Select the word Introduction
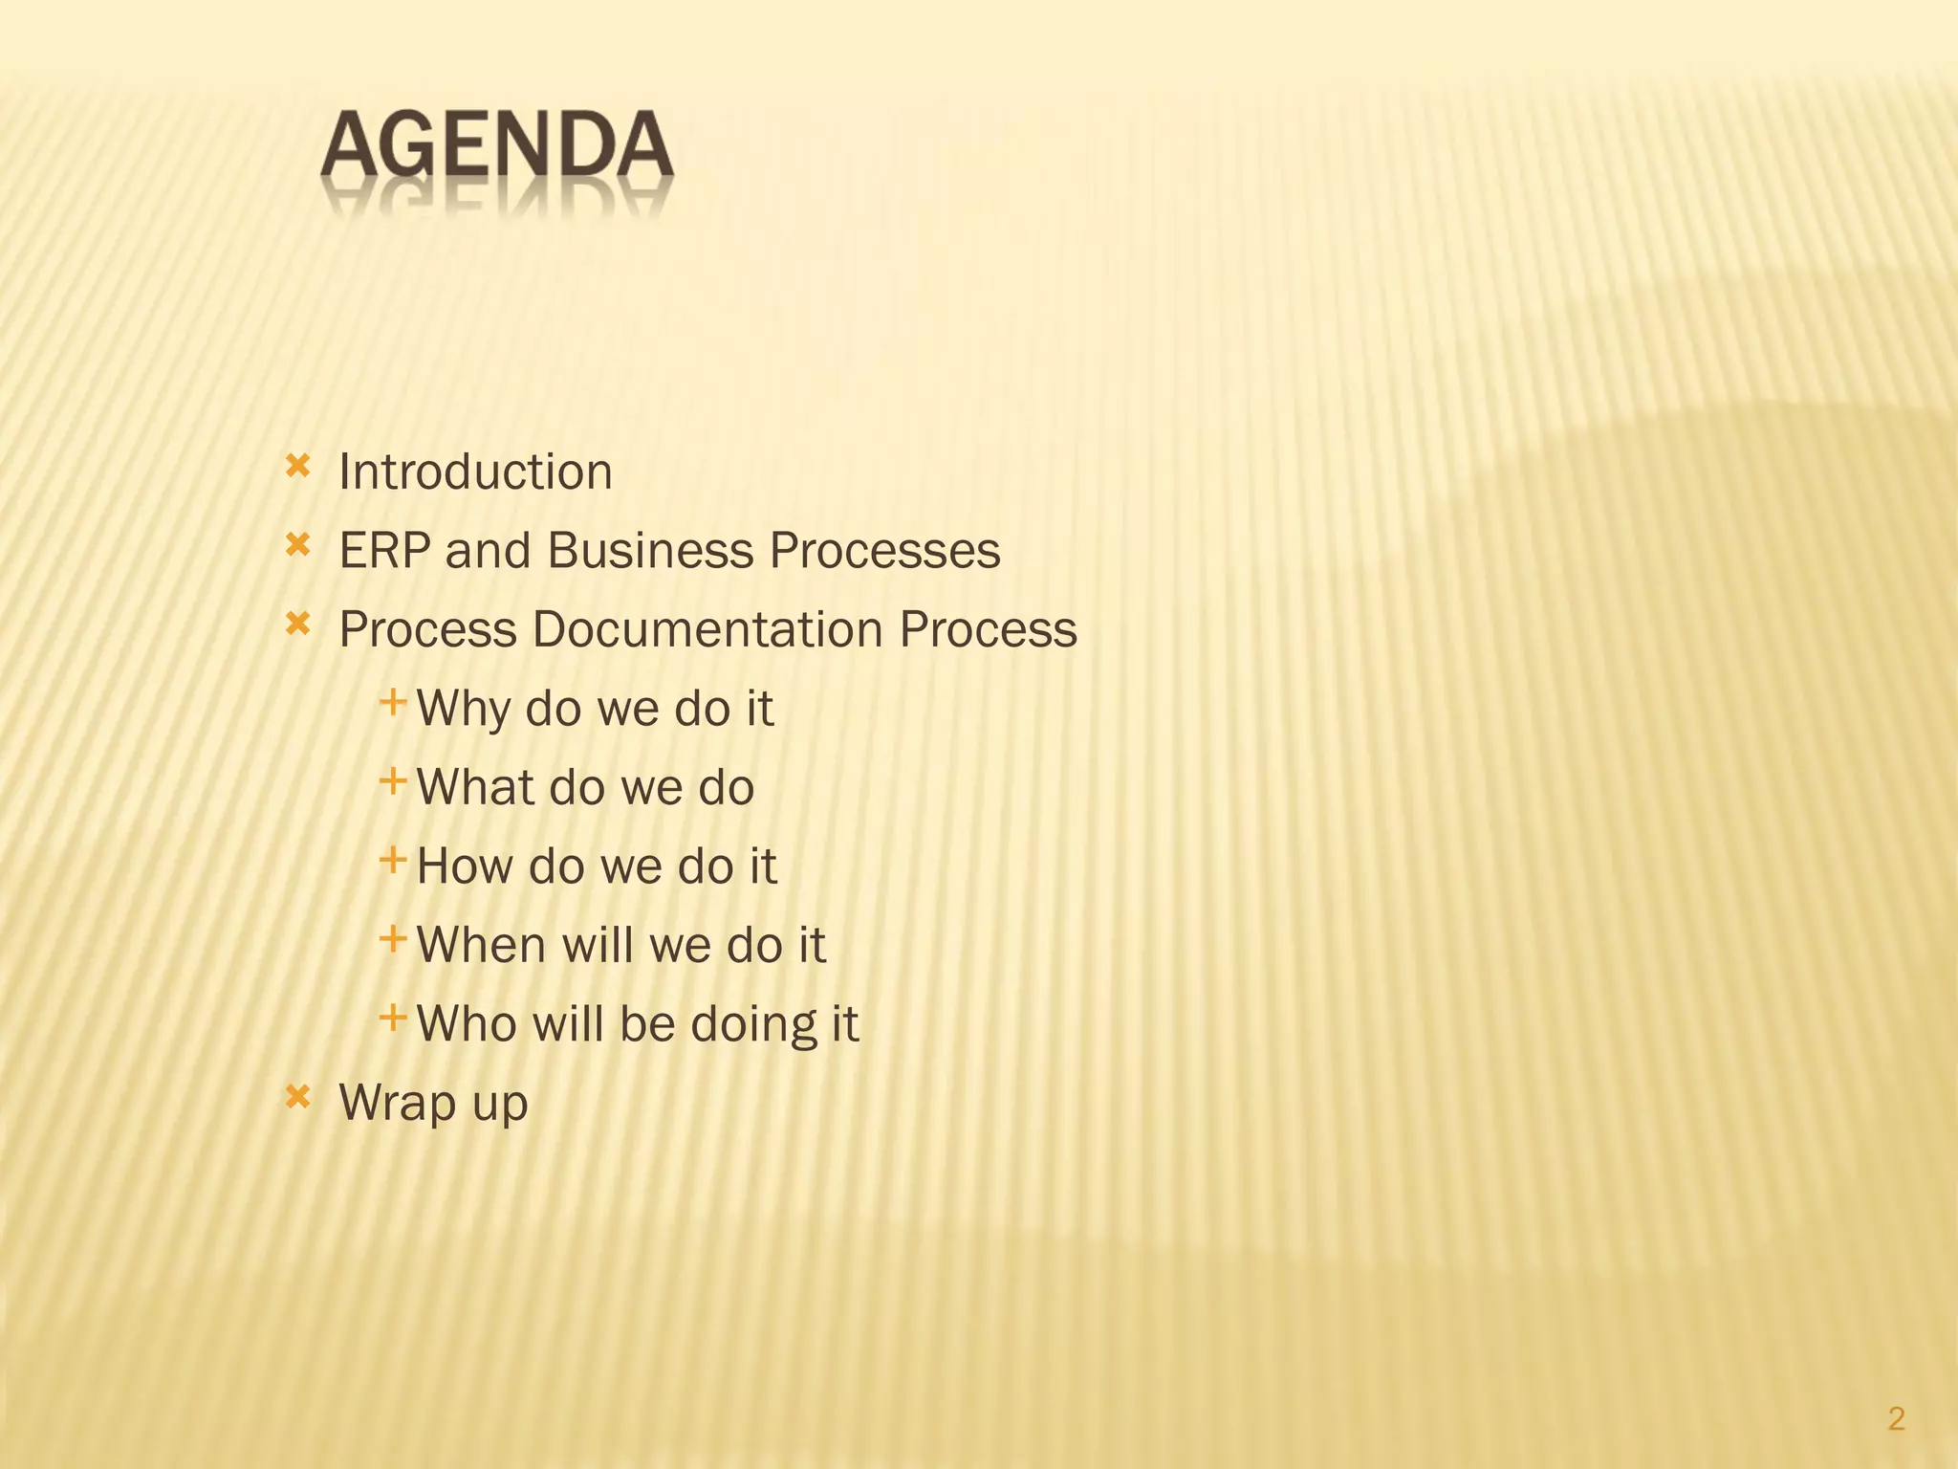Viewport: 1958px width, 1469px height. tap(475, 472)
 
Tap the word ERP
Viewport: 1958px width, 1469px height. tap(383, 551)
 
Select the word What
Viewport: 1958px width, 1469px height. tap(474, 788)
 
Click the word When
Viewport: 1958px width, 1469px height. tap(480, 945)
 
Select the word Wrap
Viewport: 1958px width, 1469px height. tap(397, 1103)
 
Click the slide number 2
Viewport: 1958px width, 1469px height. tap(1897, 1418)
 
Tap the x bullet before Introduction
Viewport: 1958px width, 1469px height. tap(298, 467)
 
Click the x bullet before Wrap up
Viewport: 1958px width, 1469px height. tap(298, 1097)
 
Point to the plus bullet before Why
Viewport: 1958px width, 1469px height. tap(393, 704)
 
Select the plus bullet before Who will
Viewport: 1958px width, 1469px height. tap(393, 1018)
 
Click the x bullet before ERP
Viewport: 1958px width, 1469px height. tap(298, 546)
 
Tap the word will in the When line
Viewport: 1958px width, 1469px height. tap(598, 945)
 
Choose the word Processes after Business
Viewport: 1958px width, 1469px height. tap(884, 551)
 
